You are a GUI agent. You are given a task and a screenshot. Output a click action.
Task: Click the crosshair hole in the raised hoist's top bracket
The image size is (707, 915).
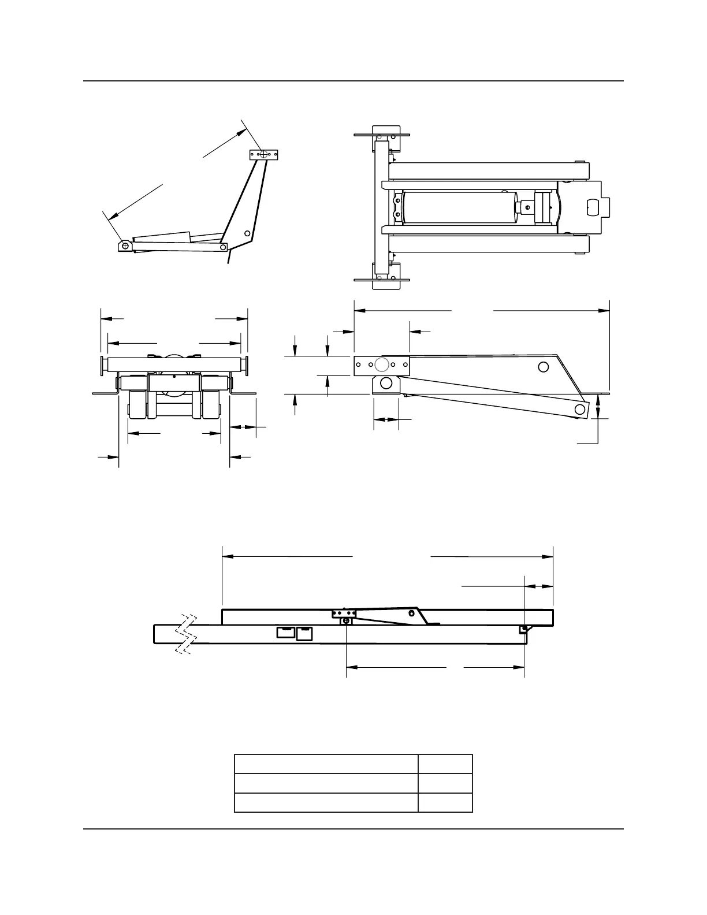(x=264, y=155)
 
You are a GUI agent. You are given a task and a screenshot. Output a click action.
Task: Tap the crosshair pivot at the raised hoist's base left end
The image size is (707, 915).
(x=126, y=246)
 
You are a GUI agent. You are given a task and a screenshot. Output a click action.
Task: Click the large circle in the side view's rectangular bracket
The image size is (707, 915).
(x=381, y=364)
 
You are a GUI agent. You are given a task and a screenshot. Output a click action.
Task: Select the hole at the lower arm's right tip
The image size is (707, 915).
(x=579, y=409)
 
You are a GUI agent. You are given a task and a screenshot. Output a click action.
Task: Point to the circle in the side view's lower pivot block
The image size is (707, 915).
(x=386, y=383)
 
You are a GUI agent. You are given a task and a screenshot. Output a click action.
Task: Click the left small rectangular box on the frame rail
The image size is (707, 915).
(x=285, y=633)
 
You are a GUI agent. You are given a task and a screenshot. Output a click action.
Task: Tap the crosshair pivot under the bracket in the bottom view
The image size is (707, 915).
(x=346, y=621)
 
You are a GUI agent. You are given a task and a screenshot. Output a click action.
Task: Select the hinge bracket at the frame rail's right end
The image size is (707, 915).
(x=524, y=629)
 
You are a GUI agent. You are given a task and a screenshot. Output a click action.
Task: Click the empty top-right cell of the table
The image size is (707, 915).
(x=445, y=764)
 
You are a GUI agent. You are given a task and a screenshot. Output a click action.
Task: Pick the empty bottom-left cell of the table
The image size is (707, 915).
(x=326, y=803)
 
